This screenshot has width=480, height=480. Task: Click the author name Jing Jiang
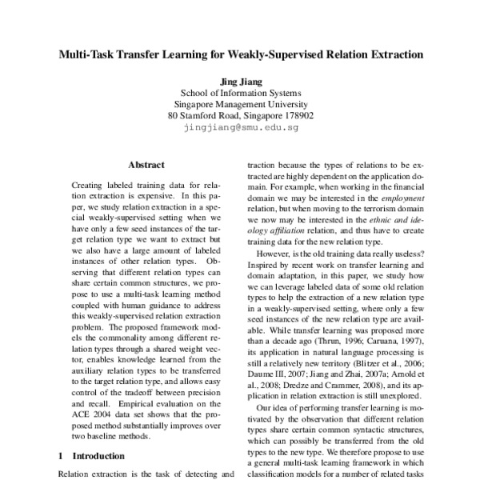point(240,80)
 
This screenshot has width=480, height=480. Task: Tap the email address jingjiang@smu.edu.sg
point(240,127)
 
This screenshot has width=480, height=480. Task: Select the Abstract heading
point(146,164)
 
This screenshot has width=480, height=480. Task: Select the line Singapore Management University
point(240,103)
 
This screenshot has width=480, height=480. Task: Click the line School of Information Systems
point(240,92)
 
